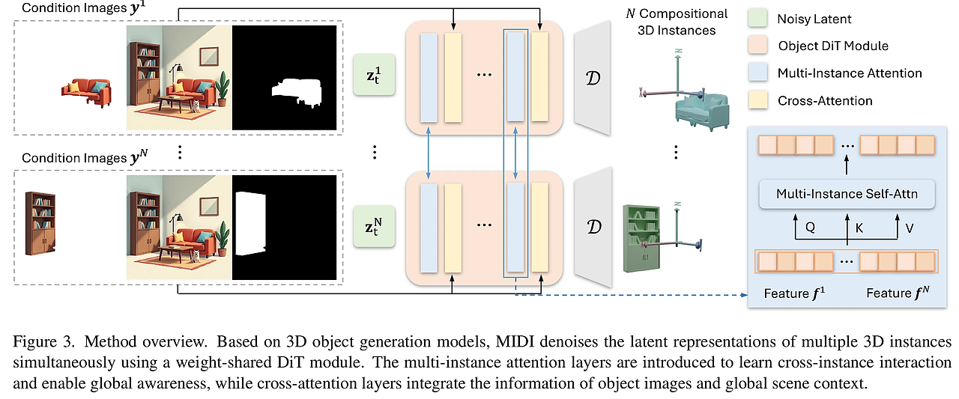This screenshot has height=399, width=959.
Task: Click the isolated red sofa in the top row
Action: (86, 92)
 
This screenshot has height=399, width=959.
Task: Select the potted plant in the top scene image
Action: (222, 90)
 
